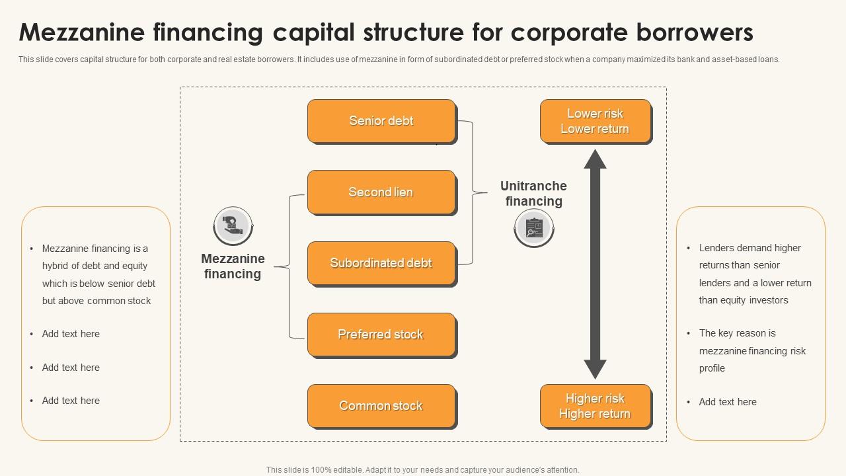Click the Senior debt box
[381, 121]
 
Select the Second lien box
[381, 192]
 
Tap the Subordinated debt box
[381, 263]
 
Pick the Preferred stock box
[381, 335]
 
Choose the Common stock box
[381, 406]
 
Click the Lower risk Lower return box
[595, 121]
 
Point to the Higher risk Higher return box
[595, 406]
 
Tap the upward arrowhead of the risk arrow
[595, 160]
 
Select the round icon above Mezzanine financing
[233, 225]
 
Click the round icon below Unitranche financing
[534, 228]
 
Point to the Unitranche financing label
[533, 194]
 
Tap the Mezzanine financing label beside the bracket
[233, 266]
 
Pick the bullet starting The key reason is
[752, 350]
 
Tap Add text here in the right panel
[728, 402]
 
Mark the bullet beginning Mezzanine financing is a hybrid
[98, 274]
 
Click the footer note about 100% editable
[423, 470]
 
